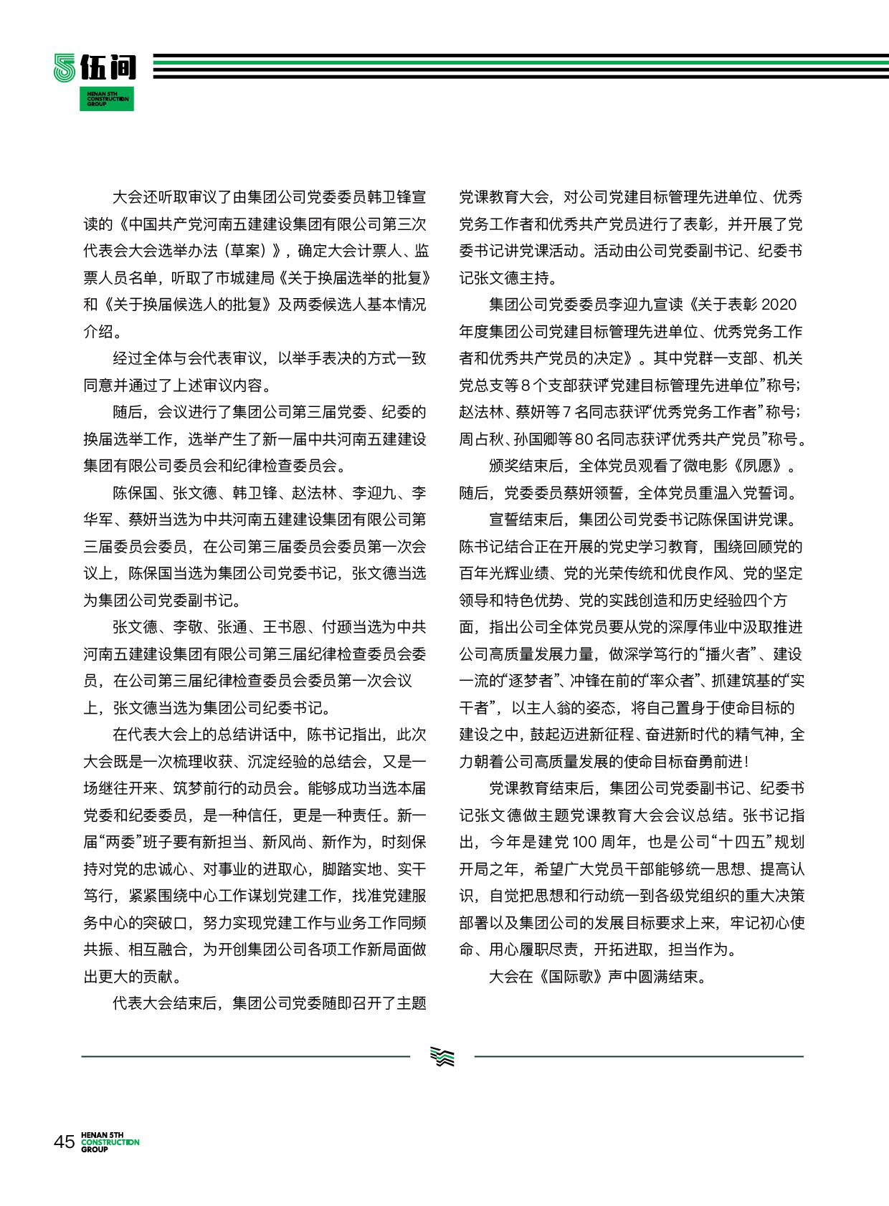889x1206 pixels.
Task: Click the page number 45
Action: point(64,1141)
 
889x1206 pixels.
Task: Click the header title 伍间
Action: point(108,67)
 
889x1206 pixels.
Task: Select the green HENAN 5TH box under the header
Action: point(106,98)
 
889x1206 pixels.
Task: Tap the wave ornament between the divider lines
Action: point(442,1056)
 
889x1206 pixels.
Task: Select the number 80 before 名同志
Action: point(584,439)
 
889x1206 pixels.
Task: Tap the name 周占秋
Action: point(482,439)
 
